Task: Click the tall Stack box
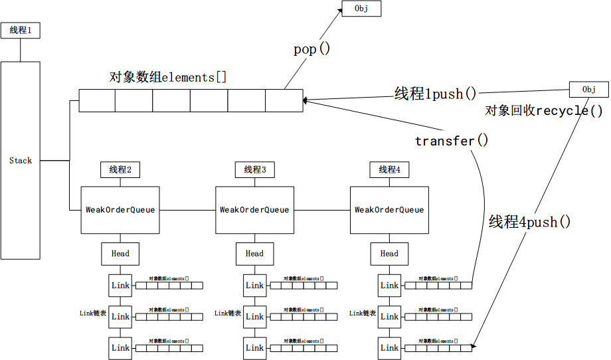coord(21,160)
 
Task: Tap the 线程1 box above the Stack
coord(21,31)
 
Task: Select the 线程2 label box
coord(120,170)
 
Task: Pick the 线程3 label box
coord(254,170)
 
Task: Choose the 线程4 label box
coord(389,170)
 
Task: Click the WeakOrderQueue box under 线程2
coord(120,210)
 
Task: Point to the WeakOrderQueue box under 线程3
coord(254,210)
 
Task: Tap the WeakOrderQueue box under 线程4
coord(389,210)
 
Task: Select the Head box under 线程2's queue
coord(120,253)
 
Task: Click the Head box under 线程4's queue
coord(389,253)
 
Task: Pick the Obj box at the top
coord(361,9)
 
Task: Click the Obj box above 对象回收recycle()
coord(588,90)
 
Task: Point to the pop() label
coord(311,50)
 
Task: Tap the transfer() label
coord(452,141)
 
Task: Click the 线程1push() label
coord(436,94)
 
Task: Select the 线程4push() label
coord(529,222)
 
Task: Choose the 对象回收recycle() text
coord(544,110)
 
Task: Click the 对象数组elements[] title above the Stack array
coord(167,77)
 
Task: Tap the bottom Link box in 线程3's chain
coord(254,347)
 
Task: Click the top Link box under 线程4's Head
coord(389,285)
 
